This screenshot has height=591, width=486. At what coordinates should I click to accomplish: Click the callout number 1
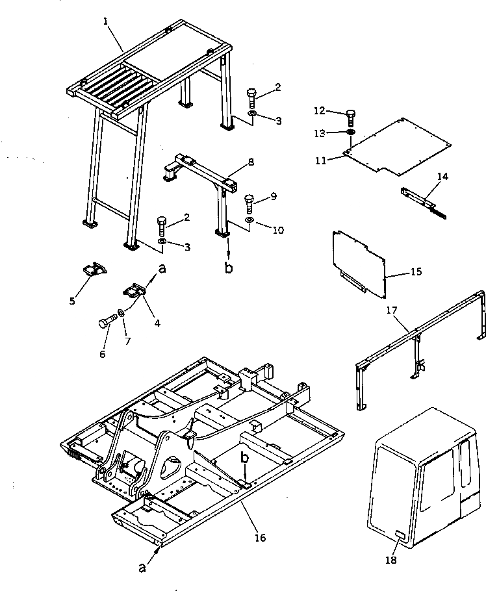click(x=105, y=21)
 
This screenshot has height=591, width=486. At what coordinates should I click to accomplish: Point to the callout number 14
click(x=443, y=176)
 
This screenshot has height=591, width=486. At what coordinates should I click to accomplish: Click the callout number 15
click(x=416, y=271)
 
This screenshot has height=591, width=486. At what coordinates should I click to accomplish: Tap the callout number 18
click(x=391, y=560)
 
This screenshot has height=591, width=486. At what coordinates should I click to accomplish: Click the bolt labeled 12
click(x=352, y=118)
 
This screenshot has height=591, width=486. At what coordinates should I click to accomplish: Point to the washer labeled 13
click(x=351, y=132)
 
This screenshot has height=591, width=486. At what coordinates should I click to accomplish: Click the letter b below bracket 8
click(x=229, y=268)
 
